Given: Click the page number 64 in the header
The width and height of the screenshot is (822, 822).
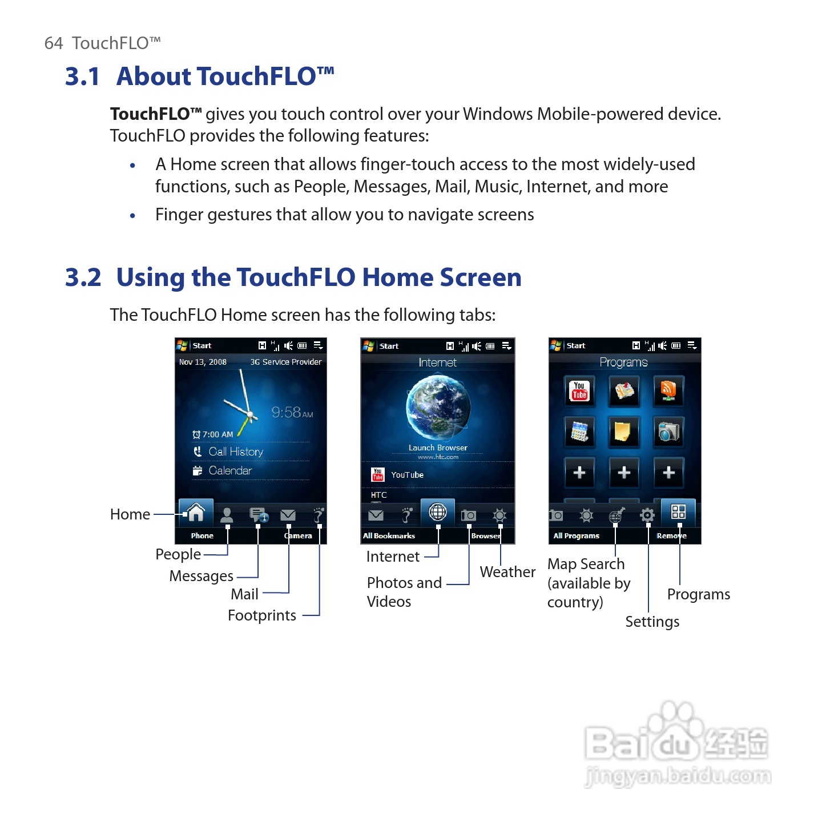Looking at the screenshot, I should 53,43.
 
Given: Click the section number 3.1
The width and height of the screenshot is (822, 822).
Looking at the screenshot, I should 82,76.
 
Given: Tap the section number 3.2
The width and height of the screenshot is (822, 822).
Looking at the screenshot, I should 83,277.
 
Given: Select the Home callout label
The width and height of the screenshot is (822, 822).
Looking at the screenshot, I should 130,514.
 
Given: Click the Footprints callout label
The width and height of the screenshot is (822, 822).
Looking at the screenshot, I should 261,615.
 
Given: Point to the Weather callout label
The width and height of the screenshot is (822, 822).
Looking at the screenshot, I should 507,572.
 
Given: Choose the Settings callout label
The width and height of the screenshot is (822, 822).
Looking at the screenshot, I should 652,622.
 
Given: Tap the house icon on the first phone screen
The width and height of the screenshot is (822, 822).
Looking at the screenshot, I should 196,513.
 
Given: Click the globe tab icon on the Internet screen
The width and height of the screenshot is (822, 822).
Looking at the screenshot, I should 438,512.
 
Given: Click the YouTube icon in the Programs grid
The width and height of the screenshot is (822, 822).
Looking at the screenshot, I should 579,391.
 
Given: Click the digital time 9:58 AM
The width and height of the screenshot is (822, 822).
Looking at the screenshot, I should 292,412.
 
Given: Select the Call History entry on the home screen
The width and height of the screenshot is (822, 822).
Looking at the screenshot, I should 235,452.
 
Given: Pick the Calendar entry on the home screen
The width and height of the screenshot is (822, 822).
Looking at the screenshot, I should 229,470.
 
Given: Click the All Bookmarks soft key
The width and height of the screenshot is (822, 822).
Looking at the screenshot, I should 389,536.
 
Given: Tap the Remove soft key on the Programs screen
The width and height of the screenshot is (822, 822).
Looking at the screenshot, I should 671,536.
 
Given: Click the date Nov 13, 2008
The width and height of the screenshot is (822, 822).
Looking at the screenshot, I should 203,362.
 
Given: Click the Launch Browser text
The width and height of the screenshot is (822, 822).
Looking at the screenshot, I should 438,448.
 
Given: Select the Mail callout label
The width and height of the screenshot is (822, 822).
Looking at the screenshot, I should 244,594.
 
